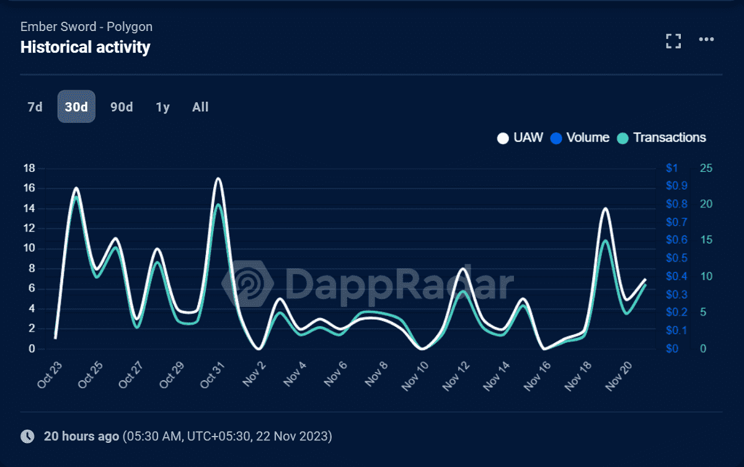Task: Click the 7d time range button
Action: click(35, 107)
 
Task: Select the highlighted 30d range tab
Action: click(76, 107)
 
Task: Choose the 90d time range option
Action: click(122, 107)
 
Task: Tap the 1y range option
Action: click(162, 107)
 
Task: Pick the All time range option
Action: click(200, 107)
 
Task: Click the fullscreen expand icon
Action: click(673, 41)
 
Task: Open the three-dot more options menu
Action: click(706, 40)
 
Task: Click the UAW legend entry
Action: click(520, 138)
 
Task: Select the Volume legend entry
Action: click(580, 138)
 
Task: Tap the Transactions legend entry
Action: click(662, 138)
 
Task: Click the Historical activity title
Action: click(85, 47)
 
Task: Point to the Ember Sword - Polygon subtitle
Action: click(86, 27)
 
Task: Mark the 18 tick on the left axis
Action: click(29, 168)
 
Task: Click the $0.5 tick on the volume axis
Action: click(676, 258)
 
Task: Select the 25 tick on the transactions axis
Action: click(706, 168)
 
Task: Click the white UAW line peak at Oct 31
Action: click(218, 179)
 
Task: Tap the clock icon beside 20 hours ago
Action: click(27, 436)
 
